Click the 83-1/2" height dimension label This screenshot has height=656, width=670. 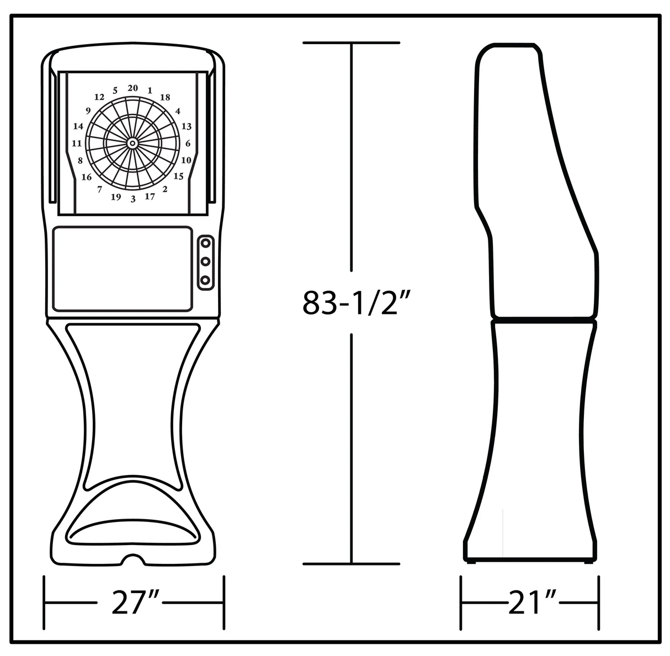[x=350, y=303]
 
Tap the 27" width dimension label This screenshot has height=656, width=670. [x=135, y=602]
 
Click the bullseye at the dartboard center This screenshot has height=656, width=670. [x=132, y=143]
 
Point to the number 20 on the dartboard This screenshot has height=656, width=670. [x=132, y=88]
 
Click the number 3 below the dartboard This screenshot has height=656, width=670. [x=133, y=199]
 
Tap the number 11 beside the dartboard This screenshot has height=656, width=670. [x=77, y=143]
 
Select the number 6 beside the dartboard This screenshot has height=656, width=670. [x=188, y=143]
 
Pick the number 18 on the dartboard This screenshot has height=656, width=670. [x=164, y=98]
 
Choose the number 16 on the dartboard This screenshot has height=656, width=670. [x=87, y=177]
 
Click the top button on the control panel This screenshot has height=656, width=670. [x=205, y=242]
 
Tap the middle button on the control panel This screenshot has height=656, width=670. [x=205, y=261]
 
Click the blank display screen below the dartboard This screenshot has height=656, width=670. [x=123, y=268]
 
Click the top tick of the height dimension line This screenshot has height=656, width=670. [x=352, y=42]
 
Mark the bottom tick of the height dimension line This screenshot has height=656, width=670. [x=352, y=564]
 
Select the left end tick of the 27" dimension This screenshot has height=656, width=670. [x=45, y=602]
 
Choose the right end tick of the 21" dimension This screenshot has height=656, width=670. [x=598, y=602]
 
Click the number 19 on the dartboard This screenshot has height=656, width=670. [x=116, y=197]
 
